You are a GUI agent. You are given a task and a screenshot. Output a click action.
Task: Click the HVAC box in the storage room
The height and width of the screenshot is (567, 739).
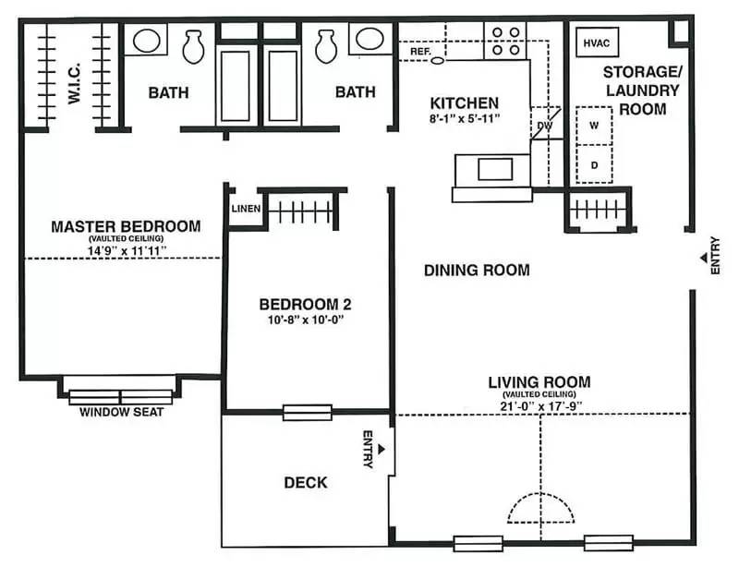pyautogui.click(x=597, y=42)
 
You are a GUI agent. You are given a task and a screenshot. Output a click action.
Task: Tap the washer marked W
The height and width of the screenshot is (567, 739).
pyautogui.click(x=594, y=126)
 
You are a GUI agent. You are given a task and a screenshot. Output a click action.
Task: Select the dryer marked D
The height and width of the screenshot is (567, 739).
pyautogui.click(x=594, y=164)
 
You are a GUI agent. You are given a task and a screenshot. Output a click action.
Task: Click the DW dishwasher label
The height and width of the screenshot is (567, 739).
pyautogui.click(x=544, y=126)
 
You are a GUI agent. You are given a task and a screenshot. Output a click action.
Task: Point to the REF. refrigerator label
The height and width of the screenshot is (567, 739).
pyautogui.click(x=420, y=52)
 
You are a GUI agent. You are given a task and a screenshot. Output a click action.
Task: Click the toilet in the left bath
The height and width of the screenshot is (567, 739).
pyautogui.click(x=193, y=47)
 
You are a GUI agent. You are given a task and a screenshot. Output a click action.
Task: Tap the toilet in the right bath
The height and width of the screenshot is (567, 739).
pyautogui.click(x=326, y=47)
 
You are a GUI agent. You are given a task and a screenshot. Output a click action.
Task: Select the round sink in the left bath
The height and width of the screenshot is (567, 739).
pyautogui.click(x=147, y=40)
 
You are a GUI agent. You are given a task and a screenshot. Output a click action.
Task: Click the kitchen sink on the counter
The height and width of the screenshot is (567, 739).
pyautogui.click(x=495, y=169)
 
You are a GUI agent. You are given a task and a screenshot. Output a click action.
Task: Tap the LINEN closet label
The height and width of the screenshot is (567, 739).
pyautogui.click(x=246, y=209)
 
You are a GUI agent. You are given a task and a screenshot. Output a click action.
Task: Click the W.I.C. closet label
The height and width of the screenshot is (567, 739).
pyautogui.click(x=74, y=83)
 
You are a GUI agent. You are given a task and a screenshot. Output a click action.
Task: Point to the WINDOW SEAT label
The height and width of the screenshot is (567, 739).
pyautogui.click(x=121, y=412)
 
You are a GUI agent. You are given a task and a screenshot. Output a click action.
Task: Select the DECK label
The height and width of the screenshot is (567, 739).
pyautogui.click(x=306, y=482)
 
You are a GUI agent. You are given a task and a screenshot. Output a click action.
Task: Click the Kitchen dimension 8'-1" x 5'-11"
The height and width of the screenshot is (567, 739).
pyautogui.click(x=464, y=118)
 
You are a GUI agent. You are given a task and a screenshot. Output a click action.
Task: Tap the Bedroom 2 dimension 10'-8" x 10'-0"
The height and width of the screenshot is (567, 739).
pyautogui.click(x=306, y=320)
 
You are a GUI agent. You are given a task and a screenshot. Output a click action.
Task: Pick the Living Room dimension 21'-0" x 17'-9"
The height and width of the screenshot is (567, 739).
pyautogui.click(x=541, y=405)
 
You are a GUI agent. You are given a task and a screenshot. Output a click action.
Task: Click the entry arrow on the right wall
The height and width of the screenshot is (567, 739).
pyautogui.click(x=703, y=258)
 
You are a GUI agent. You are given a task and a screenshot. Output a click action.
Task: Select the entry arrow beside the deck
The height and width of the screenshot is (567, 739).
pyautogui.click(x=382, y=449)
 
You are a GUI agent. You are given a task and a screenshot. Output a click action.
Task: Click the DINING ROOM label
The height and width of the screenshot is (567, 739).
pyautogui.click(x=477, y=270)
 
